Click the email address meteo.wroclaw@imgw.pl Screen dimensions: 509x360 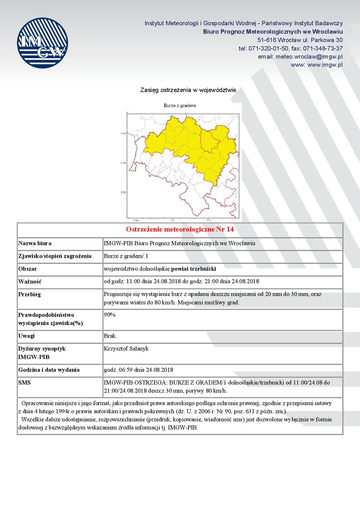(x=300, y=57)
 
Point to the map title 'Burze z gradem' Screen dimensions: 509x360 (x=180, y=106)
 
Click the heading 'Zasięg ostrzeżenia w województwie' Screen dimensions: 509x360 (x=188, y=90)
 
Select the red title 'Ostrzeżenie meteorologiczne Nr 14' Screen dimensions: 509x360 (x=180, y=230)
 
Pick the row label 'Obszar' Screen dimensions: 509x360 (x=28, y=269)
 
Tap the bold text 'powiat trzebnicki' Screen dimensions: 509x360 (x=193, y=269)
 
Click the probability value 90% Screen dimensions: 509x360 (x=110, y=315)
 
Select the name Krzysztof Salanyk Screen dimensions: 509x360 (x=126, y=349)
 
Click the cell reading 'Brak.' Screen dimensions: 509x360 (x=110, y=336)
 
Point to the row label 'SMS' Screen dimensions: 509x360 (x=24, y=382)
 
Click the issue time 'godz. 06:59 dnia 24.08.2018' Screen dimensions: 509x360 (x=138, y=370)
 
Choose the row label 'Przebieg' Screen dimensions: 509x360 (x=30, y=294)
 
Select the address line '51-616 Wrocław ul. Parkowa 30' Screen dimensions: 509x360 (x=300, y=40)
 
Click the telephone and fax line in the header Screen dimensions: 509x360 (x=291, y=48)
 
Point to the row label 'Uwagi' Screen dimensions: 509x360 (x=26, y=336)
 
